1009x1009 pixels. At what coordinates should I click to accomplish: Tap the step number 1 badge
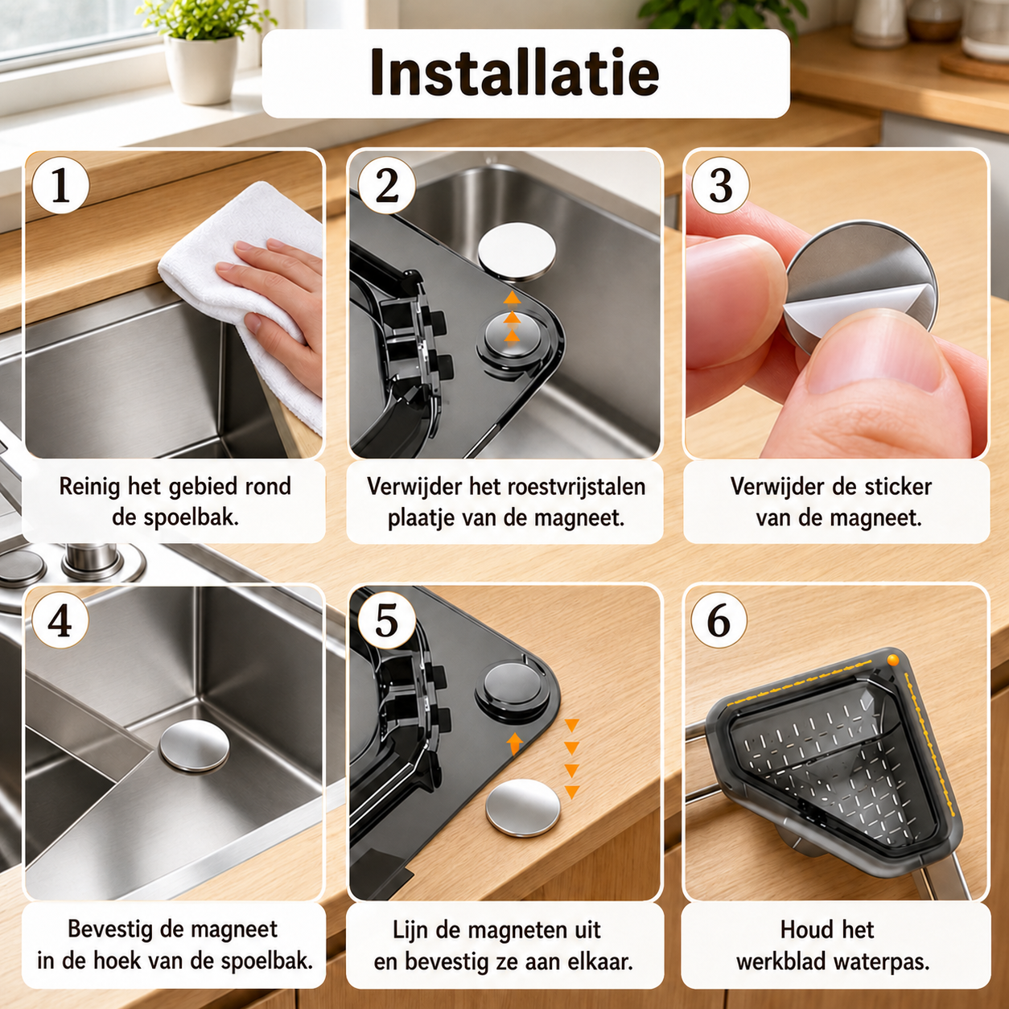(60, 185)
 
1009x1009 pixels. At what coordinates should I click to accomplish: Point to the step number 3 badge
(720, 185)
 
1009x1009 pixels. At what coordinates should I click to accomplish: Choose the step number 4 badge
(60, 621)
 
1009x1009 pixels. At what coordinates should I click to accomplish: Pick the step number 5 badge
(386, 621)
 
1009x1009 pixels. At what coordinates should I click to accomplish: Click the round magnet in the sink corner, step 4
(194, 746)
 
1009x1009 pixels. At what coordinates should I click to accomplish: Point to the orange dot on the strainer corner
(893, 661)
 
